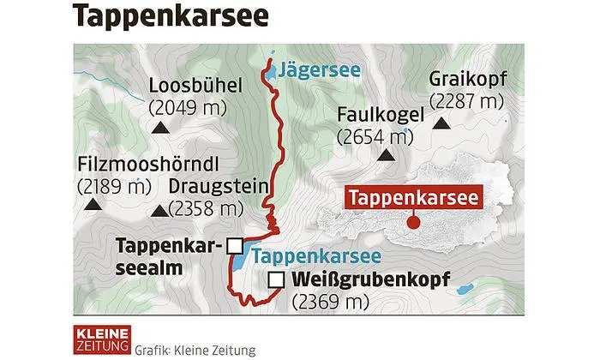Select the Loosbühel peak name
point(195,86)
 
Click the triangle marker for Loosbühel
point(159,128)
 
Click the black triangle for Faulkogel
point(387,157)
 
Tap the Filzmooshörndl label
point(133,162)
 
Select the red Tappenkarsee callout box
point(411,196)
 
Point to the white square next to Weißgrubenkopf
point(276,279)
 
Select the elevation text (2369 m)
point(330,302)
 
